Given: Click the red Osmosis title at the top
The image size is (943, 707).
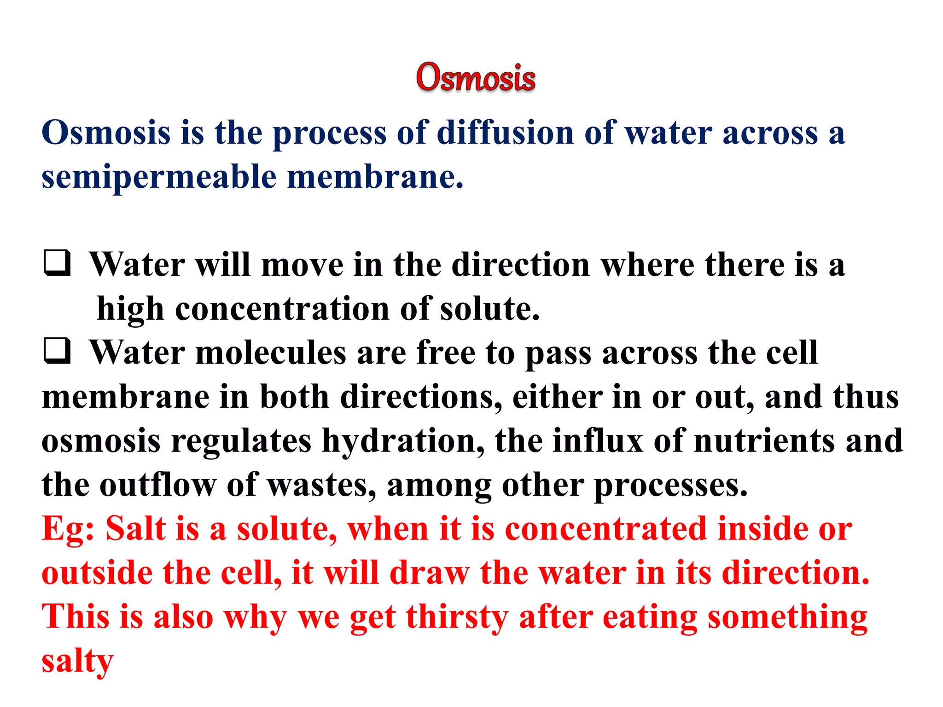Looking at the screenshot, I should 476,77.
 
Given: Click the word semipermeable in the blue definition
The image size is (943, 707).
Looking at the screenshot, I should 158,177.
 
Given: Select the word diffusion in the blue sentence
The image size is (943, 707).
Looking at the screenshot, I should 505,133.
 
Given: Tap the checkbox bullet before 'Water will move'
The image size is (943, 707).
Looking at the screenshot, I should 58,263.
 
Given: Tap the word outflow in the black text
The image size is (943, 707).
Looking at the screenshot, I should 158,485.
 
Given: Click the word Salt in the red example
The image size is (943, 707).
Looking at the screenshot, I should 135,529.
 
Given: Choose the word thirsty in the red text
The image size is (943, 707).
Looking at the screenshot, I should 457,617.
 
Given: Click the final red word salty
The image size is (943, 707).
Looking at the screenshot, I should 77,661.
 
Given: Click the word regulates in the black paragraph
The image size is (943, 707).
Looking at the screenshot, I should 241,441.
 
